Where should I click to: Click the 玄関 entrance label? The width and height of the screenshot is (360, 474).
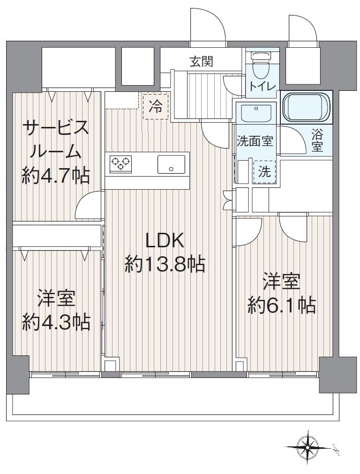[x=202, y=61]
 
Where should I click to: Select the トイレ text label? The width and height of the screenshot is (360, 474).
[x=262, y=87]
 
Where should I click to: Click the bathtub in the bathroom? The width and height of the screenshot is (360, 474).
[x=307, y=107]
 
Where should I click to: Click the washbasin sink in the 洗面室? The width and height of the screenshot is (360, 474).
[x=256, y=113]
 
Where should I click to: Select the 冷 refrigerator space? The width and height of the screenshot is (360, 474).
[x=156, y=107]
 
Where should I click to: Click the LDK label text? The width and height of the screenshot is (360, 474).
[x=165, y=241]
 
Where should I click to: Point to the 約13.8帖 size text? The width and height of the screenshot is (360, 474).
[x=165, y=266]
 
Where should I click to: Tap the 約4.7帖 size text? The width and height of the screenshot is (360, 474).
[x=56, y=176]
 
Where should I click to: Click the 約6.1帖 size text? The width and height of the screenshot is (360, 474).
[x=281, y=305]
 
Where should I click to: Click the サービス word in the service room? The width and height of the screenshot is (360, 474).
[x=56, y=127]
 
